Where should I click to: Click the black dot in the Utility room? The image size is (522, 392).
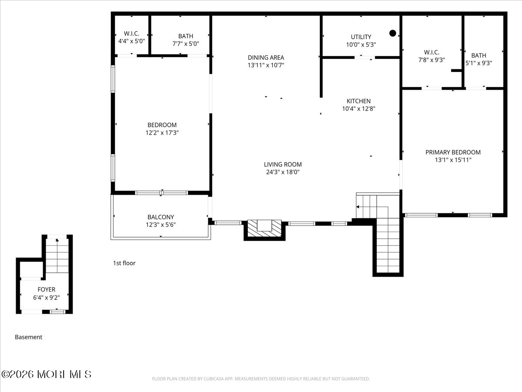393,34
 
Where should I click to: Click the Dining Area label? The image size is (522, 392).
266,57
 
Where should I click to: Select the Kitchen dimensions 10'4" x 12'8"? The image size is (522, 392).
358,109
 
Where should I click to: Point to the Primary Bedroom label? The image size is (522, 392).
453,152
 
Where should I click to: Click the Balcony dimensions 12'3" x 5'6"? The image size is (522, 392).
161,225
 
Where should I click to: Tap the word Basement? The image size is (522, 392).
29,337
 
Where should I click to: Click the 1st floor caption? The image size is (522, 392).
124,263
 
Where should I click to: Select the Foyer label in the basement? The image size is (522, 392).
47,289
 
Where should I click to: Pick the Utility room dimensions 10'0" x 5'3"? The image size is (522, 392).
361,44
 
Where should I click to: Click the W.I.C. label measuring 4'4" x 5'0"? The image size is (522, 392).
131,34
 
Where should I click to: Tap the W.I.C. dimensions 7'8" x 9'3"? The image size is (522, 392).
432,60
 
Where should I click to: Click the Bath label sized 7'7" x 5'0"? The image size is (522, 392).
186,36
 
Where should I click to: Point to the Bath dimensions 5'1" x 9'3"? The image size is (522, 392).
479,63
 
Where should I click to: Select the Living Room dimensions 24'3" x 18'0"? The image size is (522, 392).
283,172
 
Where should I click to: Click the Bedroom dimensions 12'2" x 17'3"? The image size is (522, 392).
162,132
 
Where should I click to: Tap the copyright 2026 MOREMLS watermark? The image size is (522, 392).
47,375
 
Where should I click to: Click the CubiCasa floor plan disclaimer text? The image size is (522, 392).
261,378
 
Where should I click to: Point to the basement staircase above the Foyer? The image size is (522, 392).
57,256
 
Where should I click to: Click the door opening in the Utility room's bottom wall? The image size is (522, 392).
365,57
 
